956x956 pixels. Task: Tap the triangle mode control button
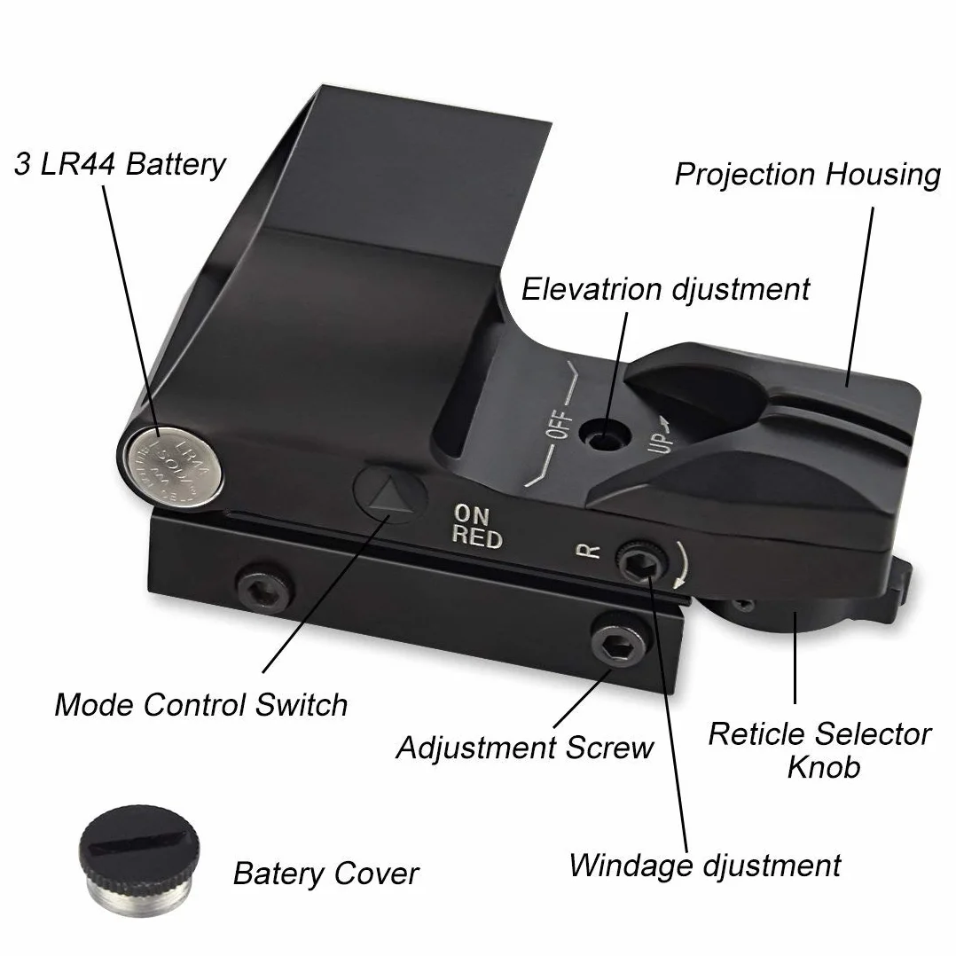pos(389,493)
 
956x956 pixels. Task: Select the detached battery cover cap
pos(139,859)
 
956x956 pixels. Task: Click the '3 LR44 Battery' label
pos(120,165)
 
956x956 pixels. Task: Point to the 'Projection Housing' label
pos(808,175)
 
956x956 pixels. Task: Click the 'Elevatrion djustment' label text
pos(666,289)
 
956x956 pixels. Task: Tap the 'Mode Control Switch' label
pos(201,704)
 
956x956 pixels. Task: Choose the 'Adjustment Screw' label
pos(525,748)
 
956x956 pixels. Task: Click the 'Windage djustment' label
pos(705,866)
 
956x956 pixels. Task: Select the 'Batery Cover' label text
pos(326,874)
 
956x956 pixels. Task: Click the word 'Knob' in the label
pos(824,767)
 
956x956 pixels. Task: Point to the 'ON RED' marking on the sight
pos(477,526)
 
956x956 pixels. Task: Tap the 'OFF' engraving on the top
pos(560,425)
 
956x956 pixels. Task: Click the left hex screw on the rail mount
pos(264,590)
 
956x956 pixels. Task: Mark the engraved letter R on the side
pos(588,552)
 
